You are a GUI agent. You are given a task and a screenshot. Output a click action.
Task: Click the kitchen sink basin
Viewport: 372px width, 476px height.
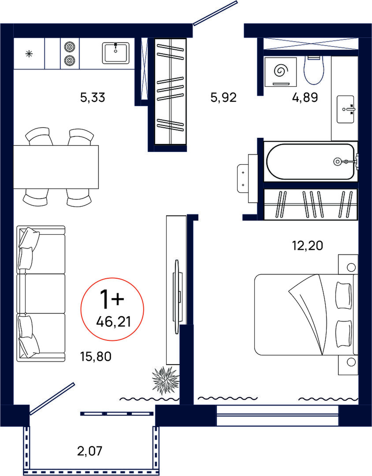click(x=115, y=53)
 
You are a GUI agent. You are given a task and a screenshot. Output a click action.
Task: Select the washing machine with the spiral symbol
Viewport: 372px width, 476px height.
click(x=280, y=72)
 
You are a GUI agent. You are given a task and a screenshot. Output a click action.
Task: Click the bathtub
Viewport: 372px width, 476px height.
click(x=310, y=162)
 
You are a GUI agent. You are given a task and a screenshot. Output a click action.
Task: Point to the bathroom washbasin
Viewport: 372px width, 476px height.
click(x=346, y=109)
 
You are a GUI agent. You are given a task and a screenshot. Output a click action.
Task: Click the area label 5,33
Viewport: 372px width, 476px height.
click(x=93, y=97)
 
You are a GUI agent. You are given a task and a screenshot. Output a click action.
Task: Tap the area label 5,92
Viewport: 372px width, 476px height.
click(x=223, y=97)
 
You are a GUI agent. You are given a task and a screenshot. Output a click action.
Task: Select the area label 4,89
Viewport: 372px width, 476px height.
click(x=305, y=97)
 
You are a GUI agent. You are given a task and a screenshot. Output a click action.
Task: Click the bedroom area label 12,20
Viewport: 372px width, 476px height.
click(x=307, y=245)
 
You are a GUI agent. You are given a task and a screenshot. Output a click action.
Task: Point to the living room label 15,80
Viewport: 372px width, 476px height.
click(x=96, y=356)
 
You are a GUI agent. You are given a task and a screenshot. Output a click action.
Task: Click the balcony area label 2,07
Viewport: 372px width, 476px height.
click(x=89, y=451)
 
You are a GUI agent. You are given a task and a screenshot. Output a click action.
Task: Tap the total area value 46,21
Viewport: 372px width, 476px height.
click(x=113, y=321)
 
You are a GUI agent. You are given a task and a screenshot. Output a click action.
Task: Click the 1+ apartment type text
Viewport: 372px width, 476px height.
click(x=112, y=299)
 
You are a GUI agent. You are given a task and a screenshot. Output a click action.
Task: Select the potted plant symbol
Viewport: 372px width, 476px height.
click(x=165, y=380)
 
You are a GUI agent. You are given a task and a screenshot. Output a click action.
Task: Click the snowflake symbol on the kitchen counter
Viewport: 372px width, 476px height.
click(x=29, y=54)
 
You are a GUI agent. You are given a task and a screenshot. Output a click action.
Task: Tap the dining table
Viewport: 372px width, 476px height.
click(x=56, y=167)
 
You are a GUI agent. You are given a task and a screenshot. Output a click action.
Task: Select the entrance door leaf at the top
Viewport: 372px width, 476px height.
click(x=215, y=12)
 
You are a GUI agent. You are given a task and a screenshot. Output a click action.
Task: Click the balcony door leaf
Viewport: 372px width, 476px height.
click(x=52, y=399)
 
